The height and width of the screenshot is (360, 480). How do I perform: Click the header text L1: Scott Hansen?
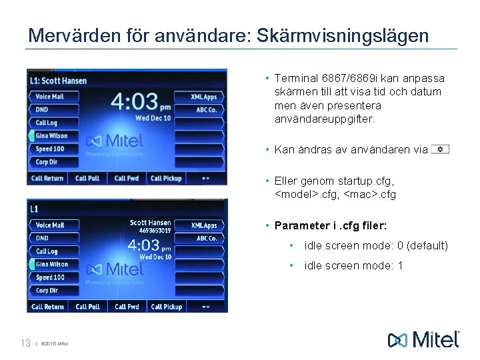tap(59, 81)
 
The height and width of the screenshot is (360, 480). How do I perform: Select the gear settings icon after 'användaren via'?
tap(440, 149)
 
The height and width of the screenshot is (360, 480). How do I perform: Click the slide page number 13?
tap(25, 343)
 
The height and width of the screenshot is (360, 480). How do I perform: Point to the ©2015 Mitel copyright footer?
tap(55, 344)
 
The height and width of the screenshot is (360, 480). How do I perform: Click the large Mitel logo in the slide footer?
tap(423, 339)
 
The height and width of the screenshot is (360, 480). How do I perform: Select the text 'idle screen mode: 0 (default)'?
tap(376, 246)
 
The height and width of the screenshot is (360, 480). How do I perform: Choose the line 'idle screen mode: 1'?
tap(353, 266)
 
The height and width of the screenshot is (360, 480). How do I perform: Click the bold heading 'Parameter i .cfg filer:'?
tap(327, 225)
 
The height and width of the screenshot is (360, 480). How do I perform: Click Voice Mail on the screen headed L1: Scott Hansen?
tap(50, 97)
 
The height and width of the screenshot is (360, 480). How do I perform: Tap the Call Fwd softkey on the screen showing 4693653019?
tap(127, 307)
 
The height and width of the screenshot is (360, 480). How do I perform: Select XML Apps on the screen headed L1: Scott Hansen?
tap(203, 97)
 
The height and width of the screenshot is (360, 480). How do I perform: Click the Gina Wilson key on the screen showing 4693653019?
tap(51, 264)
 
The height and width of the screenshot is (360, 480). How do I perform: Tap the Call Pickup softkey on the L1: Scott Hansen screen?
tap(166, 178)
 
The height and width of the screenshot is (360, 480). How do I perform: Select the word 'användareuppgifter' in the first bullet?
tap(325, 119)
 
